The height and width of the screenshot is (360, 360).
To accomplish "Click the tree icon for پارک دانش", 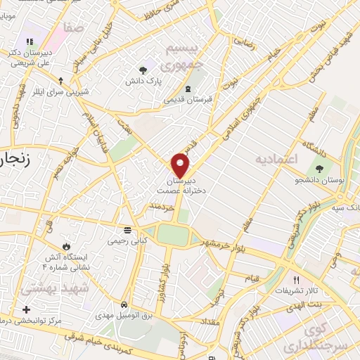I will pyautogui.click(x=143, y=70).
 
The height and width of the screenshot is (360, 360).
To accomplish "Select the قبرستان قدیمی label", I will pyautogui.click(x=187, y=100).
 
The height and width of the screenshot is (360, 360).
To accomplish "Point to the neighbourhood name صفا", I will pyautogui.click(x=73, y=27).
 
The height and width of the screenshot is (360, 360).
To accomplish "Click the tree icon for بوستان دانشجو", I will pyautogui.click(x=320, y=169).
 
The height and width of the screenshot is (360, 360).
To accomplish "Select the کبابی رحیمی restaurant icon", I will pyautogui.click(x=127, y=230).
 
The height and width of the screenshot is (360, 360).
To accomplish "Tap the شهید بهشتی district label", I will pyautogui.click(x=46, y=289).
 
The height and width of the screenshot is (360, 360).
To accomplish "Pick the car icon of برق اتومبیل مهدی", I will pyautogui.click(x=124, y=305).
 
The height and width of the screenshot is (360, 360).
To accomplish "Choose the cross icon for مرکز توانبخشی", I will pyautogui.click(x=26, y=310).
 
